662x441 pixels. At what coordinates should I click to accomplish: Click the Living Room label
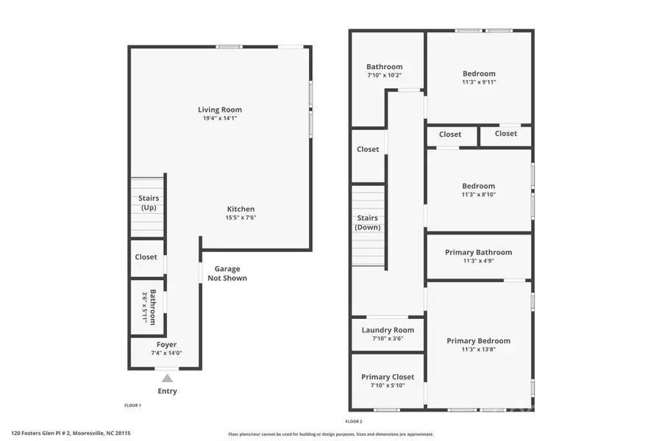(220, 110)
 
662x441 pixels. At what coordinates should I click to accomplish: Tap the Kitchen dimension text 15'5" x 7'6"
(241, 218)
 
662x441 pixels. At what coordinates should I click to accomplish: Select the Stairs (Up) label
(149, 203)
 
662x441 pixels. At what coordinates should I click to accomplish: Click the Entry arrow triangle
(168, 379)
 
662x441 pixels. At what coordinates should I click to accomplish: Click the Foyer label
(167, 344)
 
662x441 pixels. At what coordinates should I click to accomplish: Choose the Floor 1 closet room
(146, 257)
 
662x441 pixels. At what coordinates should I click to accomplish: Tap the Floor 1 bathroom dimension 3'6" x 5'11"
(144, 307)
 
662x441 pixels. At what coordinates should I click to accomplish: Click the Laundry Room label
(388, 330)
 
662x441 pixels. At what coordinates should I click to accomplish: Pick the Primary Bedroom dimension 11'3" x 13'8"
(479, 350)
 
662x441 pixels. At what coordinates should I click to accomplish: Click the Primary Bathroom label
(478, 252)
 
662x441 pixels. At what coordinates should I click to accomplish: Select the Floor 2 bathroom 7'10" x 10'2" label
(385, 67)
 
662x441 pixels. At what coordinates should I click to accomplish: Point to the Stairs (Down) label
(367, 223)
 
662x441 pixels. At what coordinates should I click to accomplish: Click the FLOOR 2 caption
(354, 422)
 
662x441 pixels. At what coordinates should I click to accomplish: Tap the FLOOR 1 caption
(132, 406)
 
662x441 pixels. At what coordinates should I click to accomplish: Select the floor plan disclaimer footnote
(331, 434)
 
